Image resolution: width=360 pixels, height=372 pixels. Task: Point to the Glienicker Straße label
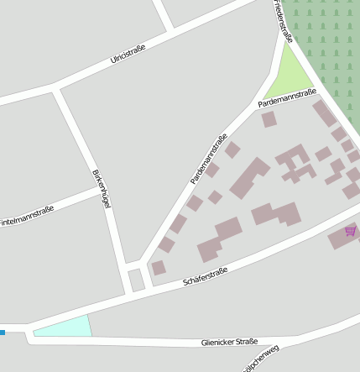228,342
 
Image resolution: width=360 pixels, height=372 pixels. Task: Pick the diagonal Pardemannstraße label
209,159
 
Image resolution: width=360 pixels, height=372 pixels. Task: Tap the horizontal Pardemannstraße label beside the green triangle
286,97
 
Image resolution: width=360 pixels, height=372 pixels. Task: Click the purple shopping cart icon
350,231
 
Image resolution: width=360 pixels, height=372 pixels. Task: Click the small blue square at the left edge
3,333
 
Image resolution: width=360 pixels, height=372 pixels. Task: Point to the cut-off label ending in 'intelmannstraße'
27,220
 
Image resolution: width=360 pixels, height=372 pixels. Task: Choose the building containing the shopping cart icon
342,237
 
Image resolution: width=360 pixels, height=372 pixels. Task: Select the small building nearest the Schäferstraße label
158,267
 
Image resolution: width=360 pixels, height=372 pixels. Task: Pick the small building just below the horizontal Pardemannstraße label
269,119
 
